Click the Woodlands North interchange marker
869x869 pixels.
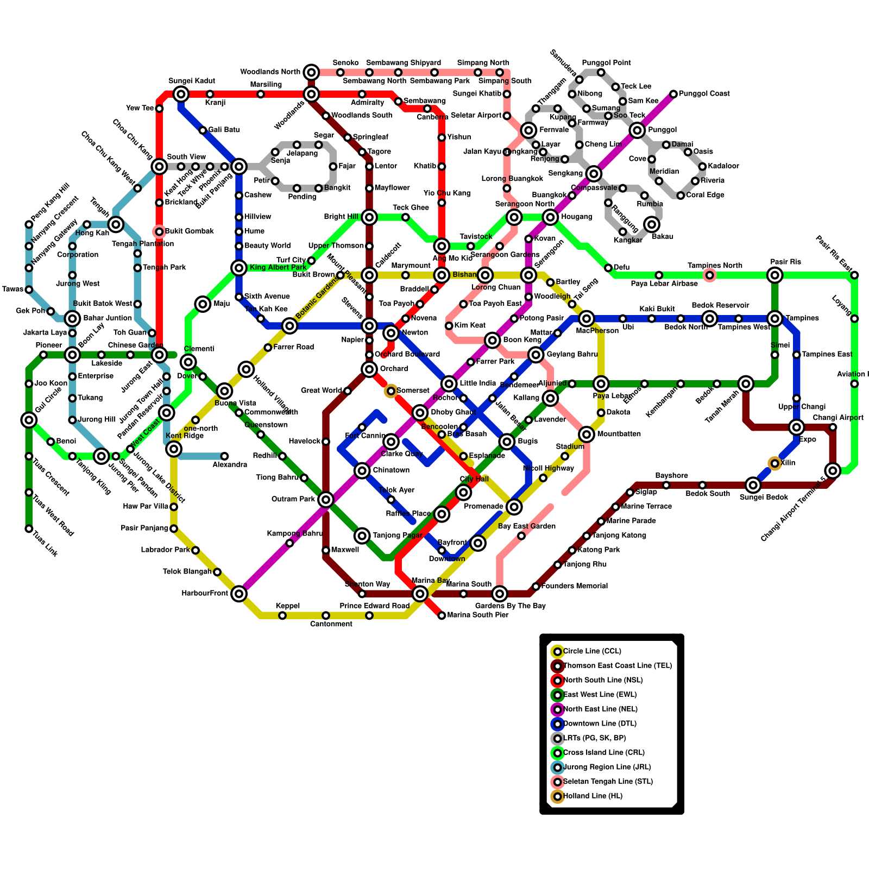[x=311, y=72]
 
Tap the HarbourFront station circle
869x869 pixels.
[x=239, y=594]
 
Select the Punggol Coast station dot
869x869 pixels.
[x=673, y=95]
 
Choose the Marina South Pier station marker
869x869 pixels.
[x=442, y=615]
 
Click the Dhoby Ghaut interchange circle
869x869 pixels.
[x=420, y=413]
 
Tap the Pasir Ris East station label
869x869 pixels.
[x=834, y=253]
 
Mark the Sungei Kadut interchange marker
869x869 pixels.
[x=181, y=94]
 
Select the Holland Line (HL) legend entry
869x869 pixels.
[x=593, y=796]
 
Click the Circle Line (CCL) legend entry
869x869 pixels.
[x=592, y=651]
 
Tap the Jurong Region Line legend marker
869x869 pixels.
[x=557, y=767]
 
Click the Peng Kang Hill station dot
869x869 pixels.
[x=29, y=224]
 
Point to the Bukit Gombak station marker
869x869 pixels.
[x=159, y=232]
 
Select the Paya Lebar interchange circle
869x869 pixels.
[x=601, y=384]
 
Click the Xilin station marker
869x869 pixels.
[x=774, y=463]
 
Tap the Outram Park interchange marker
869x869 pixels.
[x=326, y=500]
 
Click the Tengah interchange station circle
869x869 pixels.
[x=116, y=224]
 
